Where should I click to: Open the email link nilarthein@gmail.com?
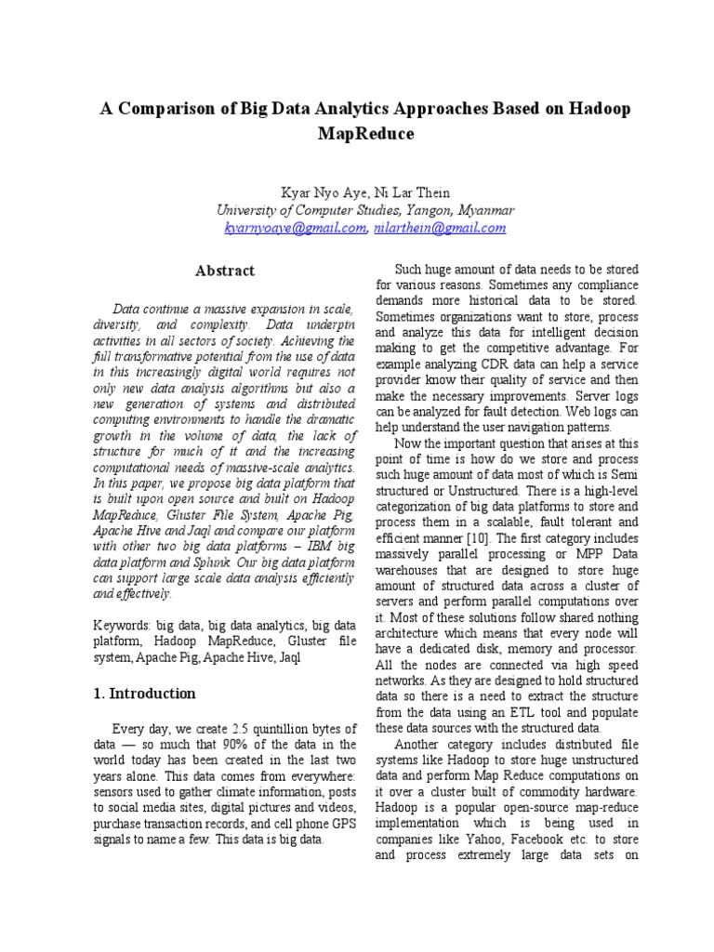click(439, 228)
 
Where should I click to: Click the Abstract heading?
click(224, 271)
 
